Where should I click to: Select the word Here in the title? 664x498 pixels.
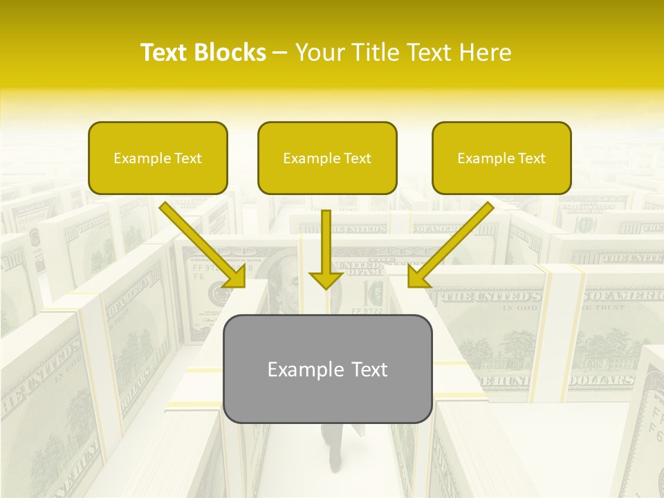click(486, 53)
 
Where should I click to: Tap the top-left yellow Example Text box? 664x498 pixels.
click(158, 158)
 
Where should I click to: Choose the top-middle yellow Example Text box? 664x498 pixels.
click(327, 158)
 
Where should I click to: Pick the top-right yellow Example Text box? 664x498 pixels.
click(501, 158)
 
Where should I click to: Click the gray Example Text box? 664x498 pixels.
click(327, 369)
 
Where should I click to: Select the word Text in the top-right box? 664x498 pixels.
click(531, 158)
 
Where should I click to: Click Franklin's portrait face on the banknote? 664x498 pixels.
click(284, 284)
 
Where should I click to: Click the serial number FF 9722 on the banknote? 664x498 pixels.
click(367, 311)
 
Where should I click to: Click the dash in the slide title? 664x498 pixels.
click(280, 53)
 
